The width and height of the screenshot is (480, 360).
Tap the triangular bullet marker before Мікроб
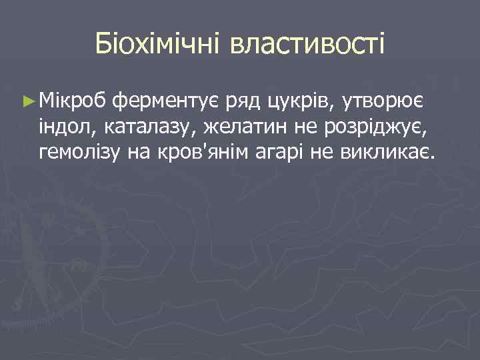pyautogui.click(x=27, y=101)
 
